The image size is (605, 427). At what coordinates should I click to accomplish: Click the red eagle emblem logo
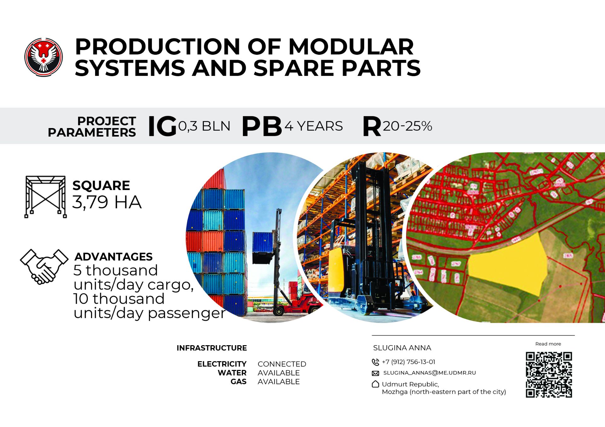[43, 57]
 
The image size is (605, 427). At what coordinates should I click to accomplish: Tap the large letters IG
[162, 126]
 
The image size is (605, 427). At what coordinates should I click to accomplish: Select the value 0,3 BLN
[204, 126]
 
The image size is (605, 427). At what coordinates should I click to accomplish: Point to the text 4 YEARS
[314, 126]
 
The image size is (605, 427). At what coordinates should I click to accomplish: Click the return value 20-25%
[407, 126]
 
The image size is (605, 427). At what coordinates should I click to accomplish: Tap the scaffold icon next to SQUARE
[46, 197]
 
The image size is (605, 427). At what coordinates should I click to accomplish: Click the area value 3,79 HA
[107, 202]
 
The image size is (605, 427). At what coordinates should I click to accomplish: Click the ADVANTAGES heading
[113, 257]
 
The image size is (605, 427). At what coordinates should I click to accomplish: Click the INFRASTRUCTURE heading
[212, 348]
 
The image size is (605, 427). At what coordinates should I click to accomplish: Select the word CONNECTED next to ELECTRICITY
[282, 364]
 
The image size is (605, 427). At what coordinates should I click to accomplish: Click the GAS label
[239, 382]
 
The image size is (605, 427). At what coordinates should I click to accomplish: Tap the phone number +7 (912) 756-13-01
[408, 362]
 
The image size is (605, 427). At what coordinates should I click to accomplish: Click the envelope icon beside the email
[375, 373]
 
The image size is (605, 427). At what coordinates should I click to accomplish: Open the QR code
[549, 375]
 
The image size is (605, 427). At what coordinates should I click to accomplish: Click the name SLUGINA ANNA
[402, 348]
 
